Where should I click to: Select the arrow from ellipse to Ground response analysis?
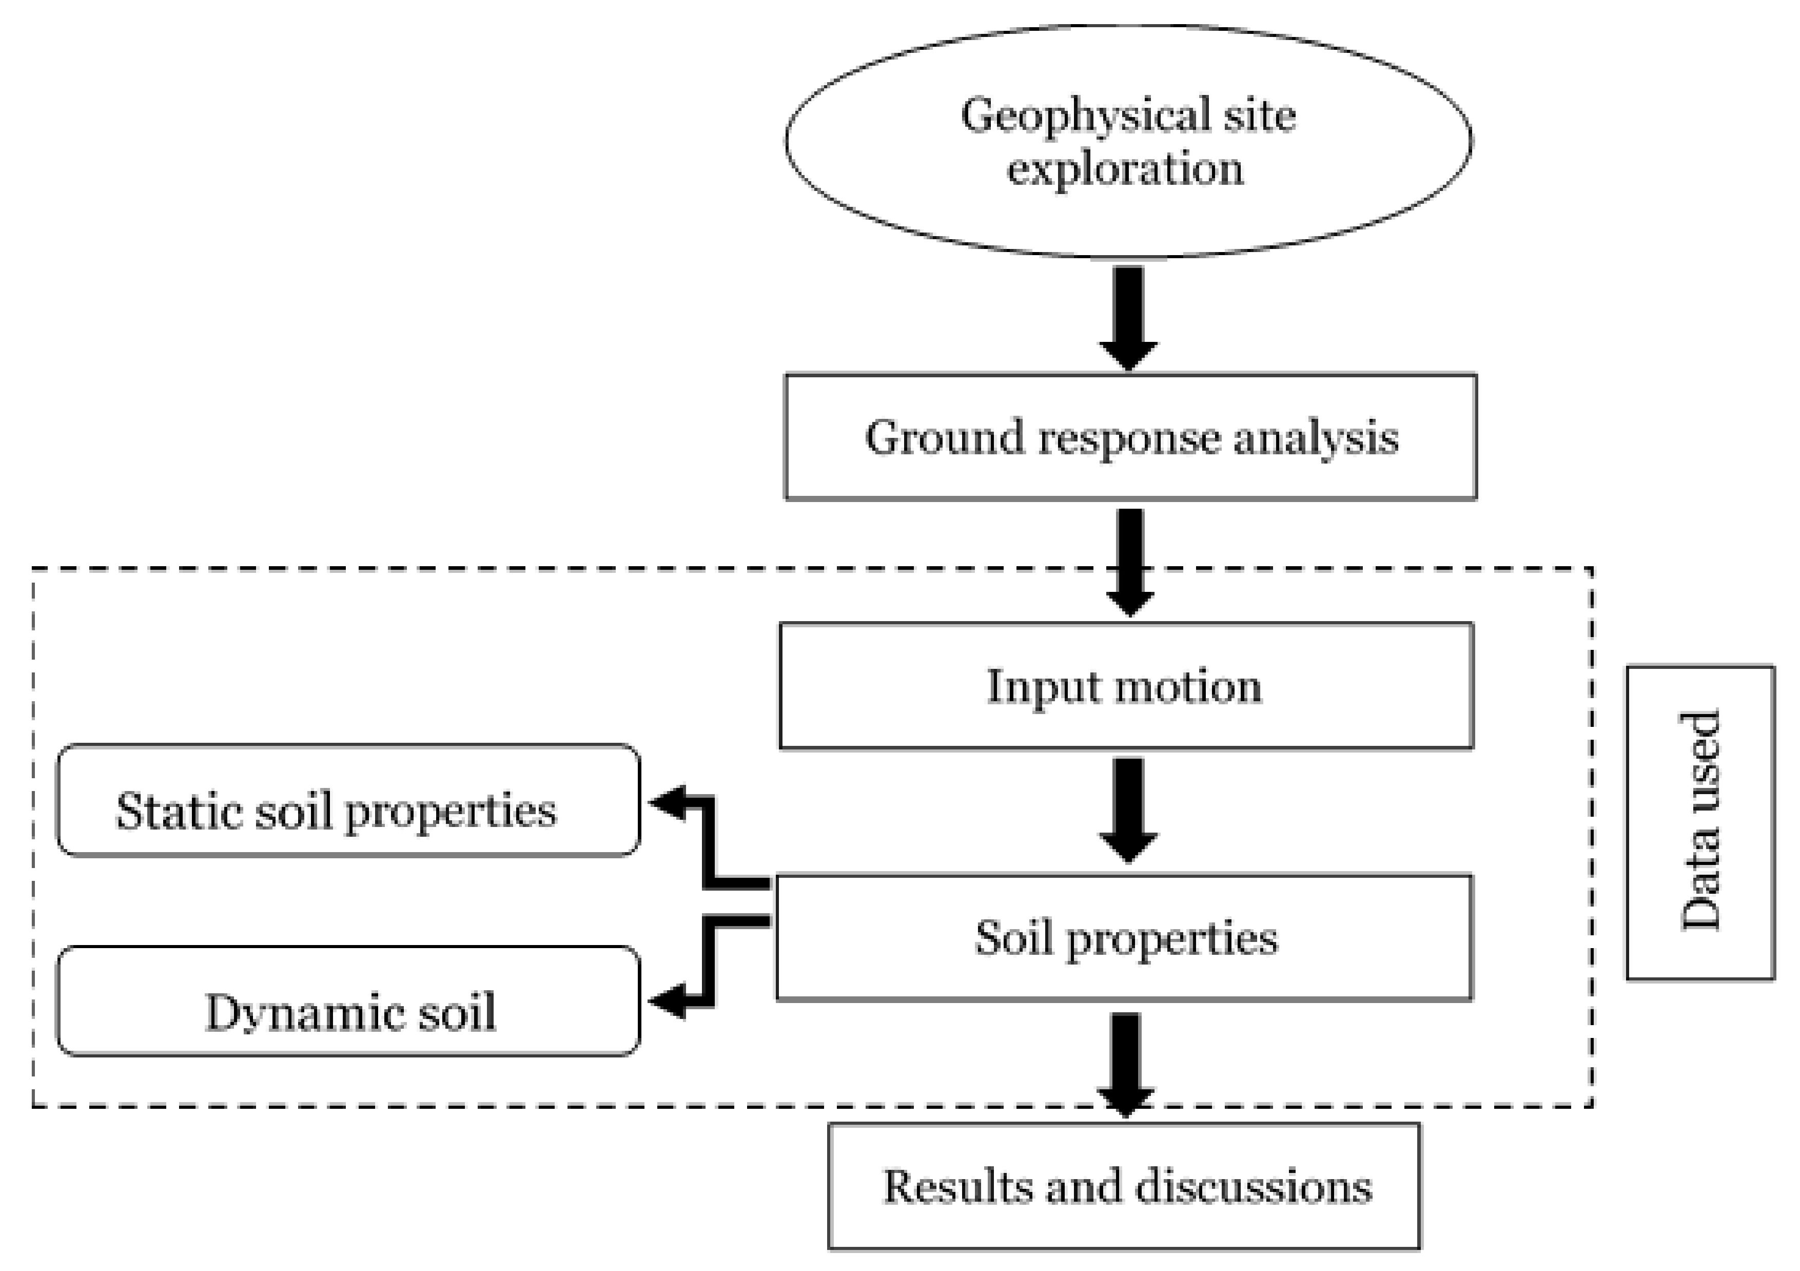click(x=1128, y=318)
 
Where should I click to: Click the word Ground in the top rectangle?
click(x=944, y=437)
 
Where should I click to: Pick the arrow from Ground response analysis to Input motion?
click(x=1130, y=561)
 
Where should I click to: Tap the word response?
click(x=1129, y=437)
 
